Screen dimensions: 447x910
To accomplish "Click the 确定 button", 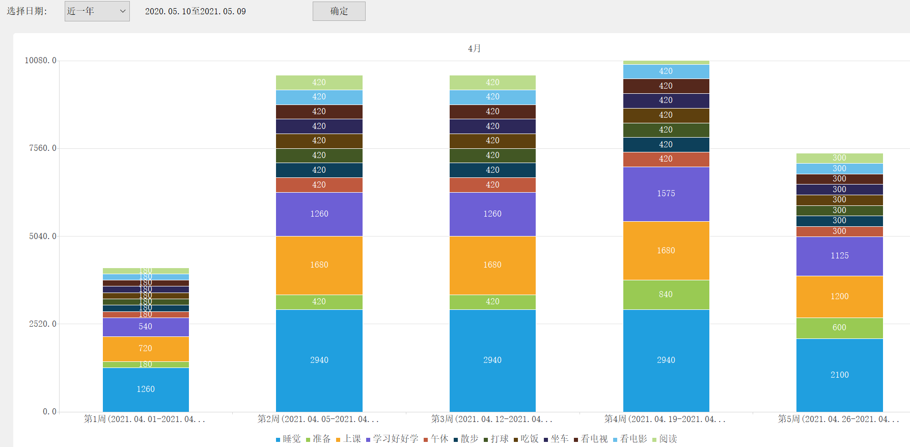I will point(339,11).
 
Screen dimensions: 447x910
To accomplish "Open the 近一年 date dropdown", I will point(97,11).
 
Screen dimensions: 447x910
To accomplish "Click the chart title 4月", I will point(474,48).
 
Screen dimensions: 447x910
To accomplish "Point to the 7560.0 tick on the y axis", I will point(43,148).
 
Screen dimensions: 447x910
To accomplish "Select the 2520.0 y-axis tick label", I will point(43,324).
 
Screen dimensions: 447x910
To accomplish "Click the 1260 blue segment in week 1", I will point(146,389).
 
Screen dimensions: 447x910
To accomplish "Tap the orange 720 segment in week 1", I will point(146,349).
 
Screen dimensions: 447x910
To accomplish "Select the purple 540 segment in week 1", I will point(146,327).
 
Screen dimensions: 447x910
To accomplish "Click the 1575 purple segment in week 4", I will point(666,194).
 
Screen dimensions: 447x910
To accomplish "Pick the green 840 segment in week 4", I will point(666,295).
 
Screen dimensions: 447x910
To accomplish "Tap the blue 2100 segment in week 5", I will point(839,375).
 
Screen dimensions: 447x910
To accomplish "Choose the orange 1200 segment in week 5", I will point(839,297).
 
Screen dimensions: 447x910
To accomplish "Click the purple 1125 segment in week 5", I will point(839,256).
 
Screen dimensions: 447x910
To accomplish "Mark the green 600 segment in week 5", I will point(839,328).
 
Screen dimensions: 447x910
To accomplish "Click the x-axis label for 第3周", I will point(491,419).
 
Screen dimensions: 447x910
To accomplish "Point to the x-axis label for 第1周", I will point(145,419).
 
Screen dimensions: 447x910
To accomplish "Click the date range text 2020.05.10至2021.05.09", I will point(196,11).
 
